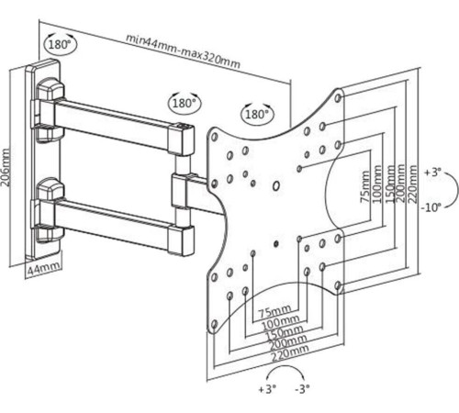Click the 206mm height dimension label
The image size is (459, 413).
tap(6, 167)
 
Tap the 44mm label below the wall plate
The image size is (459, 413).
tap(43, 269)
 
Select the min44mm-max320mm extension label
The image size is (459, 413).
tap(183, 51)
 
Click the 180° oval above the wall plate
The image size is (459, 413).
tap(61, 45)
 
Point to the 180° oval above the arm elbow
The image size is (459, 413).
tap(185, 103)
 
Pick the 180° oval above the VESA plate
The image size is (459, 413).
tap(257, 114)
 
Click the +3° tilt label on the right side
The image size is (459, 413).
tap(432, 173)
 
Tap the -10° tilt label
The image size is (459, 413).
tap(431, 207)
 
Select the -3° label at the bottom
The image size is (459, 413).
tap(302, 389)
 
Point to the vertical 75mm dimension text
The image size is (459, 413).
tap(364, 186)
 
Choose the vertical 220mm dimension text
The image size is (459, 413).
tap(412, 184)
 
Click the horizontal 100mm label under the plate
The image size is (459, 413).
tap(276, 321)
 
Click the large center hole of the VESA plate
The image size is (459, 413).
tap(275, 185)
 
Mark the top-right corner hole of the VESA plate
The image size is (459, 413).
tap(338, 97)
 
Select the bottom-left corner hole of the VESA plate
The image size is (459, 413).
tap(215, 325)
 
